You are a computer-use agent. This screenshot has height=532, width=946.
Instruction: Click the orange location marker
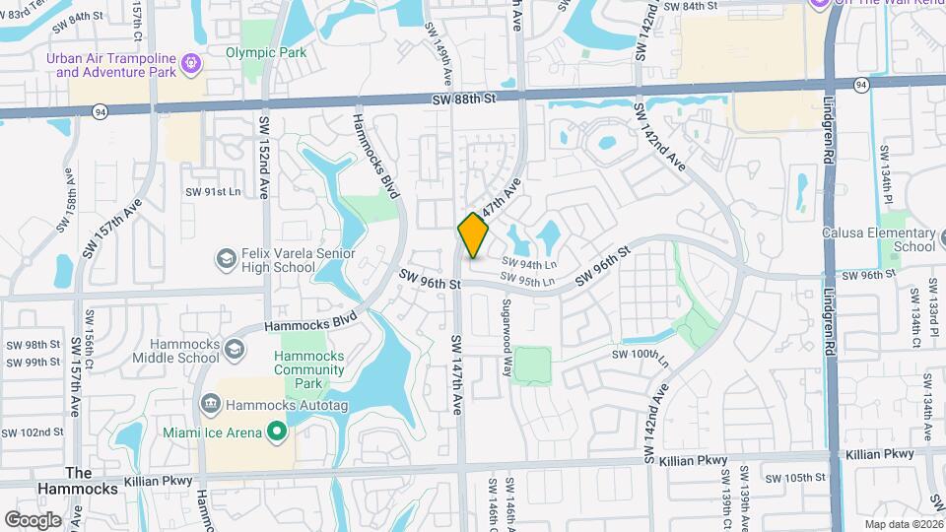[474, 235]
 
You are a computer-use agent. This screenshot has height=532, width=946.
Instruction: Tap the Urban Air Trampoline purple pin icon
[191, 65]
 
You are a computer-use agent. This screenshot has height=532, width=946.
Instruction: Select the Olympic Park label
[266, 52]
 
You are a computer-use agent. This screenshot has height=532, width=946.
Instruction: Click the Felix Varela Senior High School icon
[226, 259]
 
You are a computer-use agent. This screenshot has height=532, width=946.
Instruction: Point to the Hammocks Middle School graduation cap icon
[234, 349]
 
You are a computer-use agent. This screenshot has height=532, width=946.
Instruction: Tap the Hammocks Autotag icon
[210, 404]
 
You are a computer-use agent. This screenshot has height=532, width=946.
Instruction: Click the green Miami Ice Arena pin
[278, 432]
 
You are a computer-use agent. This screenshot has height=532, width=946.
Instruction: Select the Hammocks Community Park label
[309, 370]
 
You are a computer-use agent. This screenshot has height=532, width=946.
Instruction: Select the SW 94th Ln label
[529, 264]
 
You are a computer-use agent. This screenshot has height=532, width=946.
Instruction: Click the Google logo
[33, 519]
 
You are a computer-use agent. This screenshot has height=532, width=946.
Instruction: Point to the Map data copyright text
[903, 524]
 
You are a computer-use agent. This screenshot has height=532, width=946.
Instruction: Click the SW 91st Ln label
[216, 192]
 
